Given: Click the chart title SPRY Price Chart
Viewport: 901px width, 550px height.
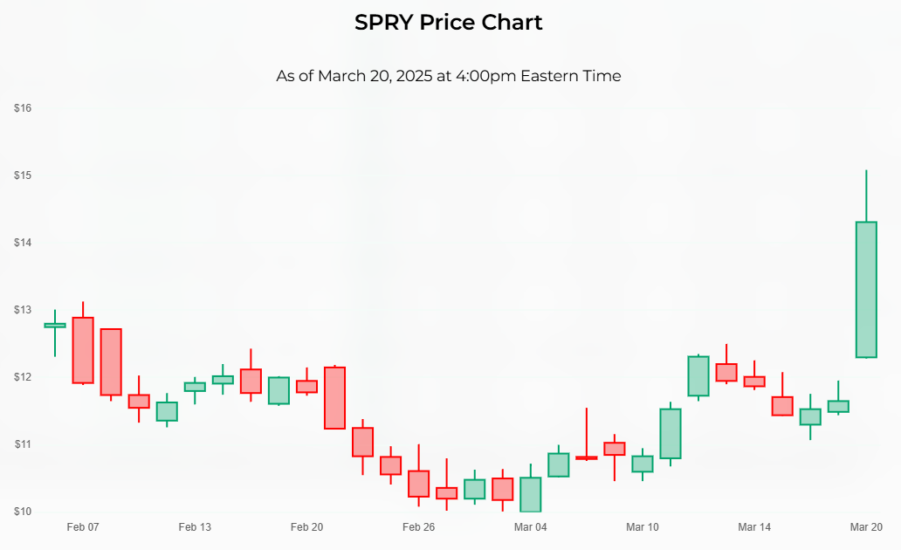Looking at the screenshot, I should point(449,23).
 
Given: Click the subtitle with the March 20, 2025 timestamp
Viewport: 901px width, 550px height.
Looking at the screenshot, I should point(449,76).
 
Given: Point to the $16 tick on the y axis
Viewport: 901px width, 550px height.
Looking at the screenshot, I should point(23,108).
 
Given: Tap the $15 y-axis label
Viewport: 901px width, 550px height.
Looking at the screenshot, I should point(23,175).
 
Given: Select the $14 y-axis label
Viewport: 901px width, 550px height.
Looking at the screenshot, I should point(23,243).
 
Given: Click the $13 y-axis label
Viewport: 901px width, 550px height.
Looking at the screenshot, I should point(23,310).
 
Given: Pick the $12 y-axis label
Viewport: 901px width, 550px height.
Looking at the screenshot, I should point(23,377).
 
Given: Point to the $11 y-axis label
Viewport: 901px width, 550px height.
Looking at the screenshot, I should point(23,444).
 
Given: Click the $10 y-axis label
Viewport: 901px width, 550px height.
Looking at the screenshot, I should point(23,512).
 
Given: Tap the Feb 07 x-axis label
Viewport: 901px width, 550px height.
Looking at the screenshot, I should point(83,527).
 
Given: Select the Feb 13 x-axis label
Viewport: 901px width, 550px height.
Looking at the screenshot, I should point(195,527).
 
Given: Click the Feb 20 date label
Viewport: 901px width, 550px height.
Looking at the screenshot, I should point(306,527).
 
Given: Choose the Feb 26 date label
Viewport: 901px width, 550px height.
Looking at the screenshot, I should point(418,527).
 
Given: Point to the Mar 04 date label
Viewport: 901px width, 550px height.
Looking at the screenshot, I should point(530,527).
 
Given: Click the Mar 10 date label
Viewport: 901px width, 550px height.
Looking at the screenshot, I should point(642,527).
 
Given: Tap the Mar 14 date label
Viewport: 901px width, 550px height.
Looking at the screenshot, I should point(754,527).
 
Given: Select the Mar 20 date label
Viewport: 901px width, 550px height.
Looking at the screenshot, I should point(866,527).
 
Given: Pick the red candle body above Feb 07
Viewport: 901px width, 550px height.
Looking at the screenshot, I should point(83,350).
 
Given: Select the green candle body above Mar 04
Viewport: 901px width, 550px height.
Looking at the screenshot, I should point(530,494).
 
